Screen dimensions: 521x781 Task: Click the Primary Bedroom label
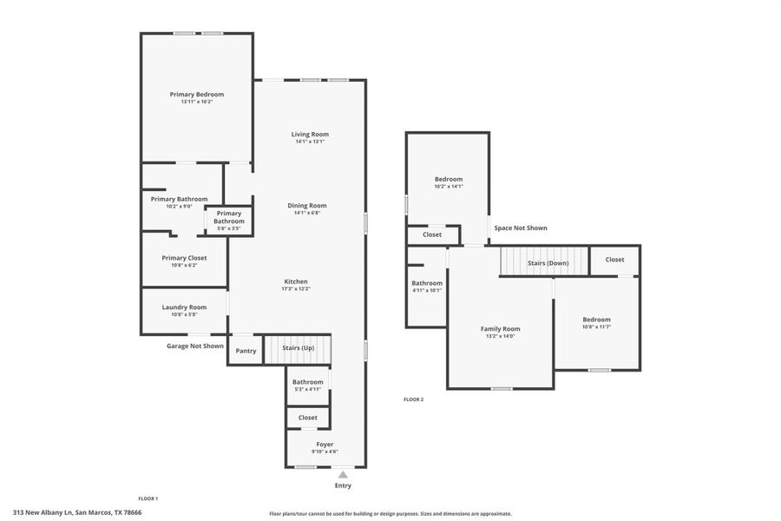click(197, 95)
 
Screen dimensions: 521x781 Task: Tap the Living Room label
click(310, 135)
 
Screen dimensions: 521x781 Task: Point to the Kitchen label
click(296, 281)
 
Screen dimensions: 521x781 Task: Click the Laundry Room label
click(184, 307)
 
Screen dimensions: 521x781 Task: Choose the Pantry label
click(246, 351)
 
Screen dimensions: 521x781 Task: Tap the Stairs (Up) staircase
click(298, 348)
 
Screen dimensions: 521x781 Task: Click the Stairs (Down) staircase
click(543, 261)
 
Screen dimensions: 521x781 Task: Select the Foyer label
click(325, 445)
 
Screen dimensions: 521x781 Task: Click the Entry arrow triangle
click(343, 474)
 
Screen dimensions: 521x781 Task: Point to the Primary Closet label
click(184, 258)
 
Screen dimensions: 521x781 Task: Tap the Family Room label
click(501, 329)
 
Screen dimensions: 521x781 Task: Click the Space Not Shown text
click(521, 228)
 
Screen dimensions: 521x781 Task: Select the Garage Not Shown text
click(195, 346)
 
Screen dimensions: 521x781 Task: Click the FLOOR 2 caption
click(413, 399)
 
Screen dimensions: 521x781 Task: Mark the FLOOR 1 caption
click(148, 498)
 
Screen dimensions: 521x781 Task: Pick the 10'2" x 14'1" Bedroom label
click(449, 180)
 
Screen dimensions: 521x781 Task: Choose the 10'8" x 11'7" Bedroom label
click(596, 320)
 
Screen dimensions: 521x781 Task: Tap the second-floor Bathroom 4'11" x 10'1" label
click(426, 283)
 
